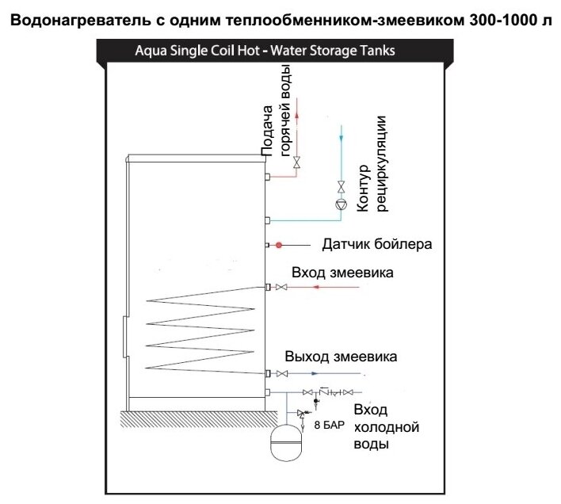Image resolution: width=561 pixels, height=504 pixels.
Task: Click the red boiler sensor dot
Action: pos(280,244)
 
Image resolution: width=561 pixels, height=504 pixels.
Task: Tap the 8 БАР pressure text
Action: pos(329,426)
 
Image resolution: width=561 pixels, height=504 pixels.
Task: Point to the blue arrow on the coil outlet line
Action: pos(315,373)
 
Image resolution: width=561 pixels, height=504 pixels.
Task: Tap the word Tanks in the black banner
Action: pos(376,52)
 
